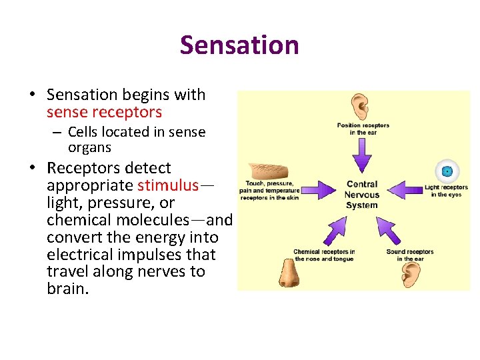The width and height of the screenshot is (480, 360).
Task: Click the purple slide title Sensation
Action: click(x=239, y=45)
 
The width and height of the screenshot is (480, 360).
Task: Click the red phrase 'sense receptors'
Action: click(x=104, y=112)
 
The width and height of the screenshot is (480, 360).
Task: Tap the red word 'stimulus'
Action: click(x=168, y=185)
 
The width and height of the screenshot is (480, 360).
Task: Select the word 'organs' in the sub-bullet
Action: click(x=89, y=147)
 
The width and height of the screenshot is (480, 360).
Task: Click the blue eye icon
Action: click(x=447, y=172)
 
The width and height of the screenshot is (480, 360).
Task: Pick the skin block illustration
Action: click(x=266, y=171)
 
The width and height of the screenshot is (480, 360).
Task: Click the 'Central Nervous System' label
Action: click(x=362, y=194)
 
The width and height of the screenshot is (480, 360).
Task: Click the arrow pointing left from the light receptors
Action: click(x=405, y=190)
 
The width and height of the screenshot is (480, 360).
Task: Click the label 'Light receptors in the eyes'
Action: click(x=446, y=191)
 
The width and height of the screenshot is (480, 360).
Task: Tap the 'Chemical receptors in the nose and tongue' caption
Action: click(x=324, y=255)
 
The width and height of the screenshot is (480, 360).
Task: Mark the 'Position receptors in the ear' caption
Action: click(x=363, y=129)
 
